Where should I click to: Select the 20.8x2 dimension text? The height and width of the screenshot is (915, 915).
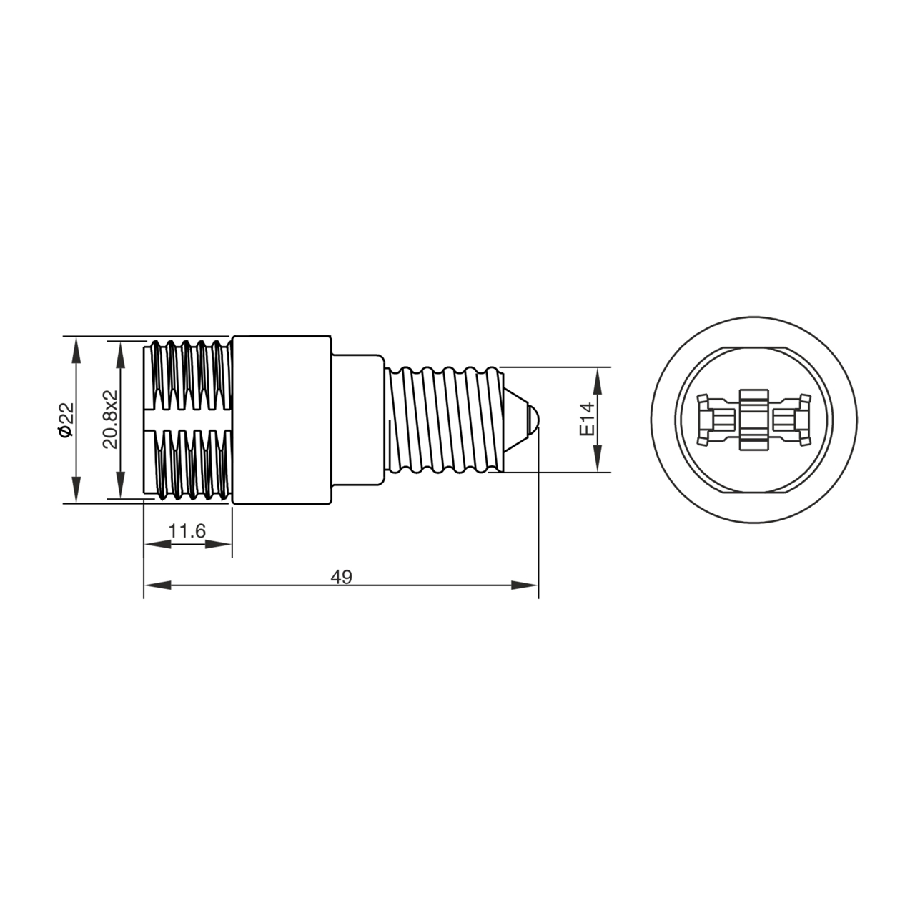pos(109,420)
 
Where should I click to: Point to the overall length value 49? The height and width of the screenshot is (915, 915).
pos(342,576)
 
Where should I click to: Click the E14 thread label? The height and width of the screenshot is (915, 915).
pos(587,420)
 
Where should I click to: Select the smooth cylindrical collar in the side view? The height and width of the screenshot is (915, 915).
pos(282,420)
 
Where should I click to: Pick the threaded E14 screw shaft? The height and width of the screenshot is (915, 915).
pos(443,420)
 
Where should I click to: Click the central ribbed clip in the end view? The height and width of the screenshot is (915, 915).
pos(754,420)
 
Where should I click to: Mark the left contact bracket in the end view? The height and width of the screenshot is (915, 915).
pos(715,420)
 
